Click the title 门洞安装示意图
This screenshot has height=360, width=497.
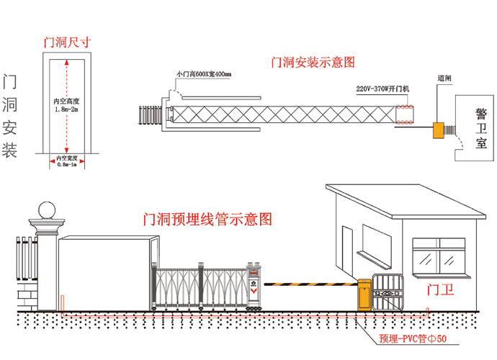[x=313, y=63]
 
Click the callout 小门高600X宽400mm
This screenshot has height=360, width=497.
[x=204, y=74]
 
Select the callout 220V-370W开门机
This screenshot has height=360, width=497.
[x=383, y=89]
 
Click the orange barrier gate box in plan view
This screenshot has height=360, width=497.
[x=436, y=130]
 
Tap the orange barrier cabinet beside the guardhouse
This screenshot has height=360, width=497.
[x=364, y=294]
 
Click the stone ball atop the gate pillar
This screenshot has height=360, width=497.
[x=46, y=209]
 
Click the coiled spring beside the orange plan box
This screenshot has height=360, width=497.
[x=451, y=130]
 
